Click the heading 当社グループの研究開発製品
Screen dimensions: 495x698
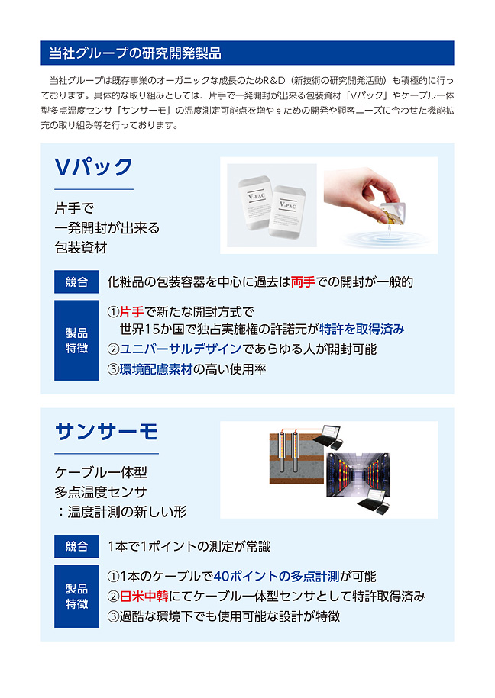point(134,53)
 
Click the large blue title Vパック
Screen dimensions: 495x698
point(94,167)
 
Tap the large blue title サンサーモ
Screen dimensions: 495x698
point(107,431)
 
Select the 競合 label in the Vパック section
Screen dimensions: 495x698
point(76,281)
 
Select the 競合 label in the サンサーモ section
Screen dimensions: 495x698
point(76,546)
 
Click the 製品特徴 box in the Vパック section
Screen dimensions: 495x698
point(76,340)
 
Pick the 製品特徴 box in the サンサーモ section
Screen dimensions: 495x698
point(76,596)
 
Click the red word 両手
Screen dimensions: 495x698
point(302,281)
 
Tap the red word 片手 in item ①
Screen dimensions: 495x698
point(132,311)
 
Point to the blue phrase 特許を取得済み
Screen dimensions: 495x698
point(361,330)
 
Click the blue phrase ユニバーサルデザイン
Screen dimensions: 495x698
point(180,349)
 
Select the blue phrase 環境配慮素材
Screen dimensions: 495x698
point(156,369)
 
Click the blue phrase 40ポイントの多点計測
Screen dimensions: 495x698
point(277,577)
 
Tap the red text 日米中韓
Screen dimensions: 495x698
point(144,596)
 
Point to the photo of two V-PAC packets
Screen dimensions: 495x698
point(272,205)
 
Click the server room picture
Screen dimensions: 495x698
point(358,474)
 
